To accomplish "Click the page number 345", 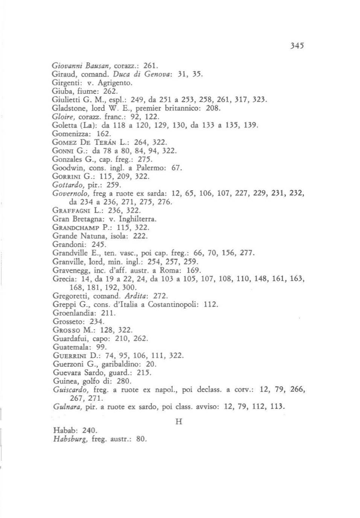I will point(297,46).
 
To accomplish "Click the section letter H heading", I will point(179,421).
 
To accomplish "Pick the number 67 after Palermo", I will point(176,168).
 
